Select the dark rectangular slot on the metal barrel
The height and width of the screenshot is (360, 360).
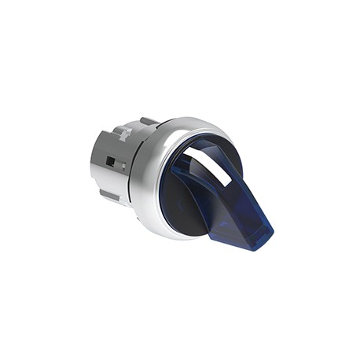point(111,163)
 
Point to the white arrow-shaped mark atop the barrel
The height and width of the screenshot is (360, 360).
point(123,136)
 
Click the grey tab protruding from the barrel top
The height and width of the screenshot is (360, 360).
point(147,121)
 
